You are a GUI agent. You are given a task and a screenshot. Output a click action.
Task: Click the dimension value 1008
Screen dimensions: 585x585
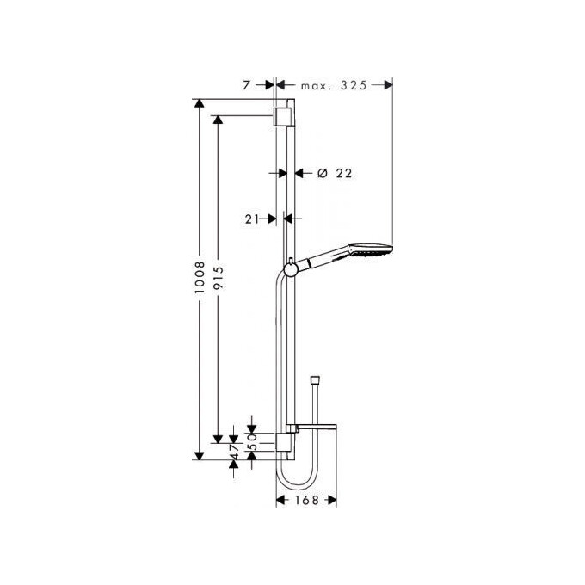(200, 280)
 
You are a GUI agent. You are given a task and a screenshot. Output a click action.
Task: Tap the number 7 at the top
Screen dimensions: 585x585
(246, 84)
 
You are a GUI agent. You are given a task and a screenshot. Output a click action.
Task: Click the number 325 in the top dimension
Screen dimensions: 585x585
(354, 84)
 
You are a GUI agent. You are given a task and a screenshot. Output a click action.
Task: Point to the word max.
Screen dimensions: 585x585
(316, 84)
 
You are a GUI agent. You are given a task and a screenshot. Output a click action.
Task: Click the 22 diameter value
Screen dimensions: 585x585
(344, 173)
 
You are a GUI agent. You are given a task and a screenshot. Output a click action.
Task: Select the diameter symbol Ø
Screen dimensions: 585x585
(322, 173)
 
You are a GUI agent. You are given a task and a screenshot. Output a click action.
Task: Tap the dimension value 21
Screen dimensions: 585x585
(252, 219)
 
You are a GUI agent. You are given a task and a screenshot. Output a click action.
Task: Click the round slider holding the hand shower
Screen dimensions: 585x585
(293, 268)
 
